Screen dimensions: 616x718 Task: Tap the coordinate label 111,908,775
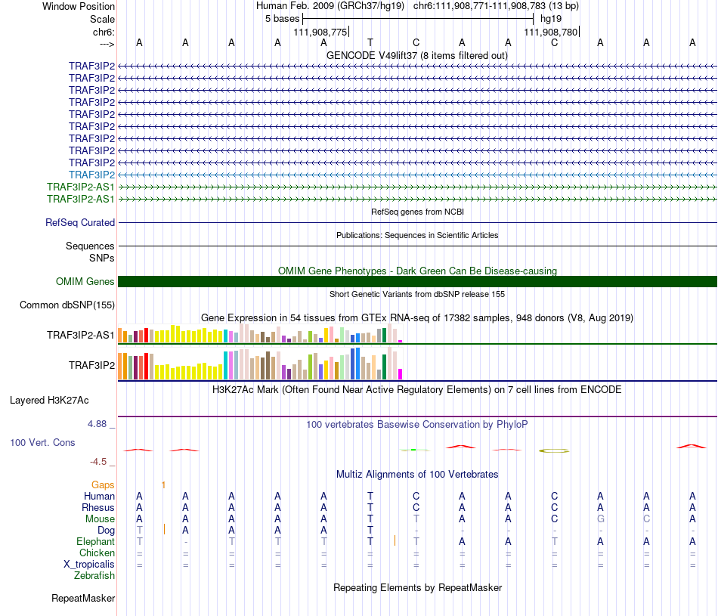pyautogui.click(x=320, y=32)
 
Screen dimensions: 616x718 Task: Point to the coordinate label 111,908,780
pyautogui.click(x=551, y=32)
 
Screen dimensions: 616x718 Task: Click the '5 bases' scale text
pyautogui.click(x=282, y=18)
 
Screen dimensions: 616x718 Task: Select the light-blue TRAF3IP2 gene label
pyautogui.click(x=91, y=175)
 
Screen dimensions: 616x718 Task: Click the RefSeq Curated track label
pyautogui.click(x=80, y=223)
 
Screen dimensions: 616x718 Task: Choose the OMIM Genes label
pyautogui.click(x=85, y=282)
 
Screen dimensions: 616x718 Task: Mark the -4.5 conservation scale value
pyautogui.click(x=98, y=462)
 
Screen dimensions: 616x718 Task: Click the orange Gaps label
pyautogui.click(x=103, y=484)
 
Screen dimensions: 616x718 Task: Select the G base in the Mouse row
pyautogui.click(x=600, y=519)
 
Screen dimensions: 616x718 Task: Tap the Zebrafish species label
pyautogui.click(x=94, y=576)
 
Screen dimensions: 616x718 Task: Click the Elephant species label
pyautogui.click(x=95, y=542)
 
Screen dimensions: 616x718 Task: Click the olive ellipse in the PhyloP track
pyautogui.click(x=554, y=450)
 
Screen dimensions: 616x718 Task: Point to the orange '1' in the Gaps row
pyautogui.click(x=163, y=484)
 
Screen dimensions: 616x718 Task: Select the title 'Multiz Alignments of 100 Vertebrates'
pyautogui.click(x=417, y=475)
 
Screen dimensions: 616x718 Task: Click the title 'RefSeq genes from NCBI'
pyautogui.click(x=417, y=212)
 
